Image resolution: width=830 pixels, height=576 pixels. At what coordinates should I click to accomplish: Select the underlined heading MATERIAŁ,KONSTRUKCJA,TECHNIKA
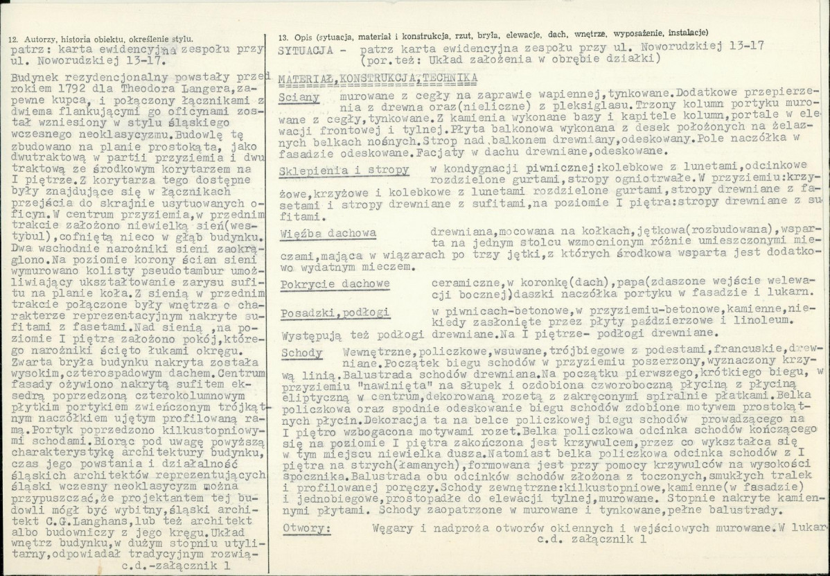coord(376,76)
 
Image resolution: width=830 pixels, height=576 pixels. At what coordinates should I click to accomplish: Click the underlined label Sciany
coord(299,98)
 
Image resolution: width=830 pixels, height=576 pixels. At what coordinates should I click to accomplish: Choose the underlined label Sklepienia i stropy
coord(344,171)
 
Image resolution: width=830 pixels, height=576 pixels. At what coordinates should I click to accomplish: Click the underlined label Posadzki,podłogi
coord(334,313)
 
